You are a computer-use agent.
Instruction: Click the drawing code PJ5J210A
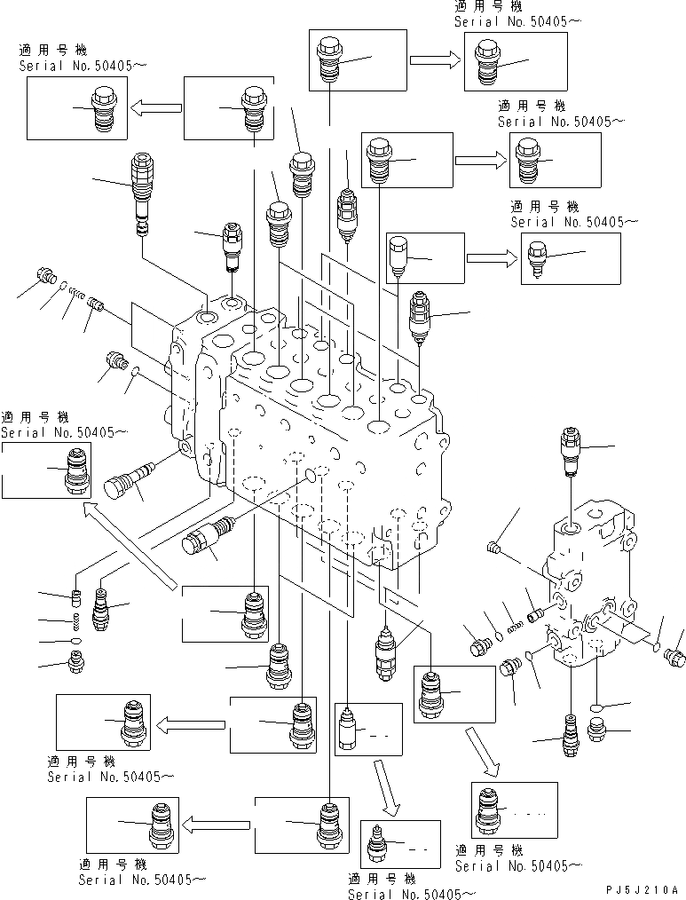click(643, 888)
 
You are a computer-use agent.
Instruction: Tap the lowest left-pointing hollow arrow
click(217, 822)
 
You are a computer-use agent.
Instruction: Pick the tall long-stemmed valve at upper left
click(143, 192)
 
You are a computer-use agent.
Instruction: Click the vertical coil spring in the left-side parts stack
click(77, 620)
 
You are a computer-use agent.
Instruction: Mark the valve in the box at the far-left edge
click(79, 470)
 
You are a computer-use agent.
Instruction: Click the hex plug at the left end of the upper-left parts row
click(43, 277)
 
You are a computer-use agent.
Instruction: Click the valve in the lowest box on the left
click(158, 823)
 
